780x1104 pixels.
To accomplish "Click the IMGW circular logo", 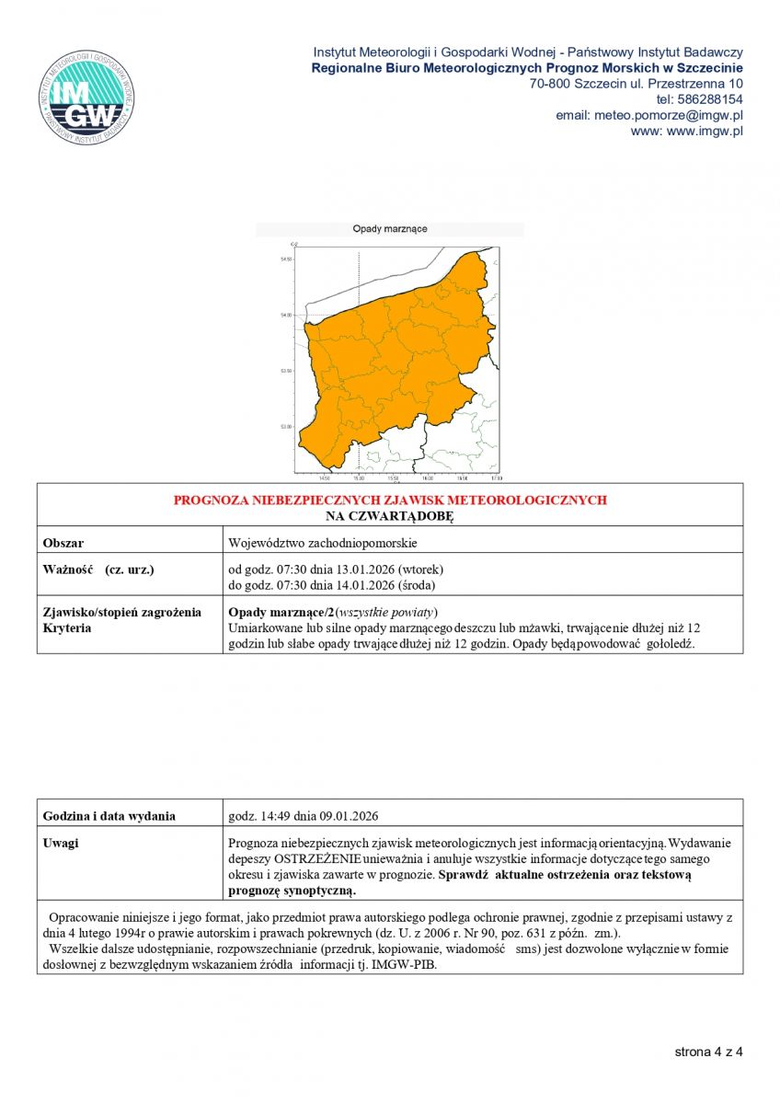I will click(86, 99).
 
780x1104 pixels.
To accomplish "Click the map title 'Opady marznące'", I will click(390, 229).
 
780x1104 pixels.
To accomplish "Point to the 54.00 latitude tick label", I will click(285, 315).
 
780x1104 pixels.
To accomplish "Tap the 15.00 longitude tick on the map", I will click(358, 478).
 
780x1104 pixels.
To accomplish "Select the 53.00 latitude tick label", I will click(285, 426).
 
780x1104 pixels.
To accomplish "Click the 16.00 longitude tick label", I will click(428, 478).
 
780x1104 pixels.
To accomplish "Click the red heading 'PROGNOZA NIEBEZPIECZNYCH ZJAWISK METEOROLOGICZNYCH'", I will click(390, 500).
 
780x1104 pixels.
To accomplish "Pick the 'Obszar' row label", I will click(63, 543).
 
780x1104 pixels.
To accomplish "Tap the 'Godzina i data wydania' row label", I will click(109, 816).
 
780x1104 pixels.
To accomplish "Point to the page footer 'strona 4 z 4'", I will click(708, 1052).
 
